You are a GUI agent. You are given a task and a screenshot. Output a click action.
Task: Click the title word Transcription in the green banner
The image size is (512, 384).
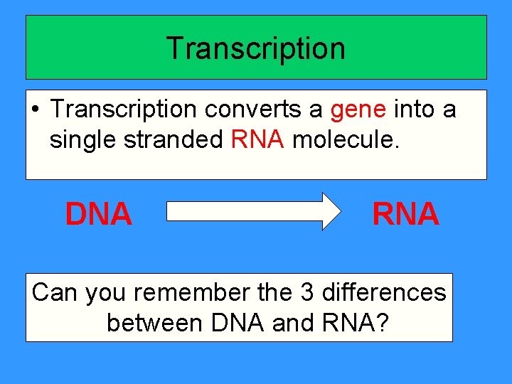pos(256,48)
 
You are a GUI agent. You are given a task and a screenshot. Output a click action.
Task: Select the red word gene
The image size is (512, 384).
pos(358,110)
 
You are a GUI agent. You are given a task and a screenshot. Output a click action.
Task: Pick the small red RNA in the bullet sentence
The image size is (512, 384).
pos(258,140)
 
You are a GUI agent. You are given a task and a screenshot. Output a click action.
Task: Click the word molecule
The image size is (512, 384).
pos(346,140)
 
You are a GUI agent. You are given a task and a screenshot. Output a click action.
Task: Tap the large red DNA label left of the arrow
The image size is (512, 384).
pos(99,213)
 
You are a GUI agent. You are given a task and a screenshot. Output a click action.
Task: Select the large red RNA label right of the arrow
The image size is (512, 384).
pos(406,213)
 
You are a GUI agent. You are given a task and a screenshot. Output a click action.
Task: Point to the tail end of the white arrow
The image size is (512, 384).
pos(171,211)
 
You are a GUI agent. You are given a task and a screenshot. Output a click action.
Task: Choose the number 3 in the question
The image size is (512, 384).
pos(307,292)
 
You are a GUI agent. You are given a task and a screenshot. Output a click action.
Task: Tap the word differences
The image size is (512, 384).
pos(383,292)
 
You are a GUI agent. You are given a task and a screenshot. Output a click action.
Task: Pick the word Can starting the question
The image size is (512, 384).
pos(55,292)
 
